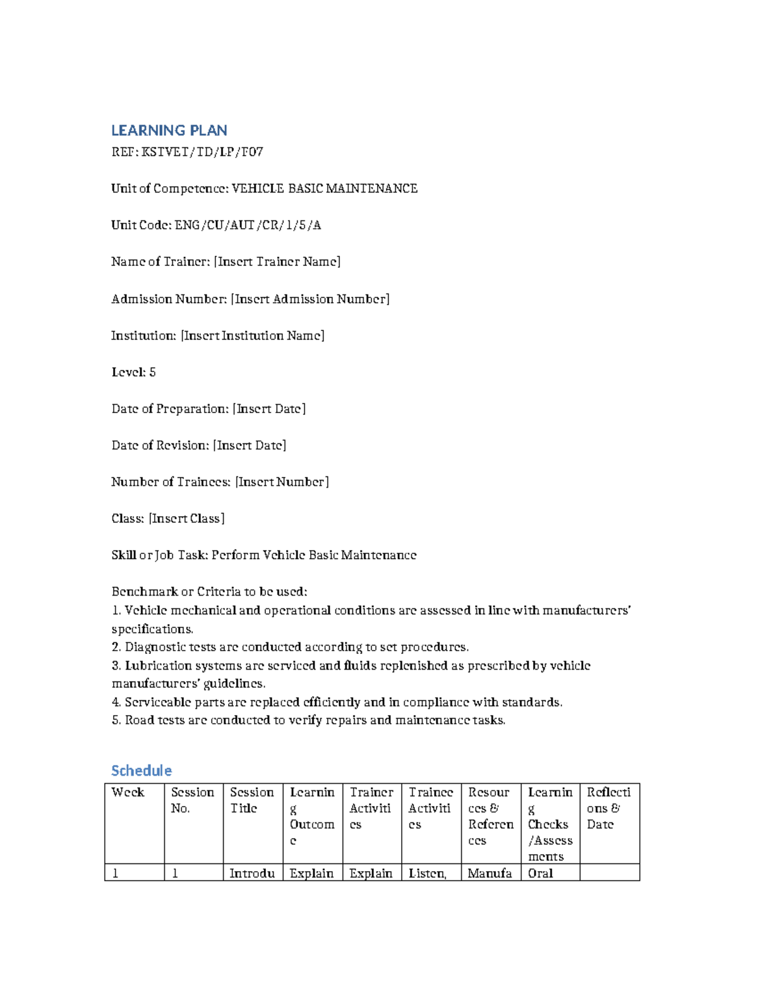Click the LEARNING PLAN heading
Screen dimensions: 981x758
[x=169, y=131]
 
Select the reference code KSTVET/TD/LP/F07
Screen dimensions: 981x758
[x=202, y=152]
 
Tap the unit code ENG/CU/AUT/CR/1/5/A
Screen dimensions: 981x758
[x=248, y=226]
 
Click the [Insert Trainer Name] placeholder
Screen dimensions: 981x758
[x=277, y=262]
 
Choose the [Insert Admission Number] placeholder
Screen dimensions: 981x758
[x=310, y=299]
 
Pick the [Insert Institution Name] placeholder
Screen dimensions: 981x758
[x=253, y=335]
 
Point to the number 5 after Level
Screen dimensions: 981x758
[x=152, y=372]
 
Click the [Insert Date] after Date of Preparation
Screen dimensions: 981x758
[x=269, y=409]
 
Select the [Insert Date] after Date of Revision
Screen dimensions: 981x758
[x=250, y=445]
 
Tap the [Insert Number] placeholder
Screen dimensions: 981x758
[x=282, y=482]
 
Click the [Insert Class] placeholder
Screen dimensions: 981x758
[x=187, y=519]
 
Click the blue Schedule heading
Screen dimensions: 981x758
[x=141, y=771]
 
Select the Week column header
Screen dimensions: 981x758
[x=128, y=793]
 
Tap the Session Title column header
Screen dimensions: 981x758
[x=251, y=800]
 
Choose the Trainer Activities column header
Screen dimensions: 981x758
[x=371, y=809]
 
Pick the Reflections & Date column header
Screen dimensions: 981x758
[x=608, y=809]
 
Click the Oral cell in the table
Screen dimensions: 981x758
[x=541, y=874]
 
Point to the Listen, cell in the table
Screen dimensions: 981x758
[x=428, y=874]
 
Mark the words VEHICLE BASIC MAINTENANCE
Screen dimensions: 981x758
[x=325, y=189]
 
